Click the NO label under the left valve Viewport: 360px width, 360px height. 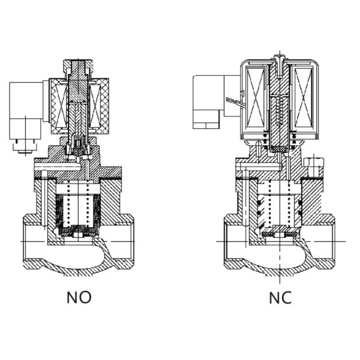click(x=79, y=297)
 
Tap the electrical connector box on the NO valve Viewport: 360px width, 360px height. click(x=25, y=108)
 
